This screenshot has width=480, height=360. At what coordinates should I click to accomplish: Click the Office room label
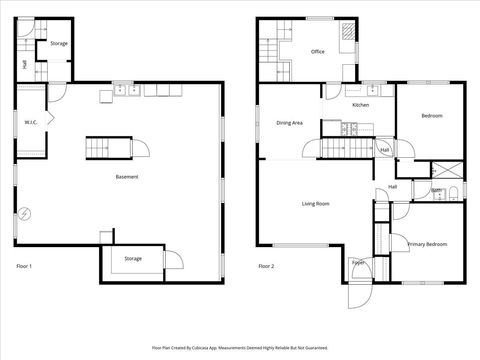point(318,52)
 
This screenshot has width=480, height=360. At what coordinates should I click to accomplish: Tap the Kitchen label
point(361,105)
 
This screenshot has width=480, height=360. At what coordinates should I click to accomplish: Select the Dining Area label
point(290,122)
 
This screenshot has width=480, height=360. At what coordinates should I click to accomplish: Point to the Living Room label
point(316,204)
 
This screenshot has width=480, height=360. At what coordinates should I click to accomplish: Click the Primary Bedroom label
point(427,244)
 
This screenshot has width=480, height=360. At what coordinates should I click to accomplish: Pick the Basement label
point(127,177)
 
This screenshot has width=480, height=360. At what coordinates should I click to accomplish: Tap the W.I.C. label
point(31,123)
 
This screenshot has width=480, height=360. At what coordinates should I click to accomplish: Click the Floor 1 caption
point(25,266)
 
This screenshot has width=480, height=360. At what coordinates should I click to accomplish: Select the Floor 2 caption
point(266,266)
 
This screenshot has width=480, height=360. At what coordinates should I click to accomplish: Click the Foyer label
point(357,263)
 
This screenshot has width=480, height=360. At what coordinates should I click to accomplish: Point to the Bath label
point(437,190)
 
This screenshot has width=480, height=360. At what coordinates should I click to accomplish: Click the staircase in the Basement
point(108,148)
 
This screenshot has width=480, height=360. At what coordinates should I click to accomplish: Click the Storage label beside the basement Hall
point(59,44)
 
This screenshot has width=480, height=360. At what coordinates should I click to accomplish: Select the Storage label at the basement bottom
point(133,259)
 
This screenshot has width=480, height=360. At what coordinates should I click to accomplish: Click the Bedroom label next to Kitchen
point(432,117)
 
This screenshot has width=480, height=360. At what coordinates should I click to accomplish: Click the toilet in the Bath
point(453,191)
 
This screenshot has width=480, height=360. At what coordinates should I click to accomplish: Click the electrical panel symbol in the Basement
point(25,213)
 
